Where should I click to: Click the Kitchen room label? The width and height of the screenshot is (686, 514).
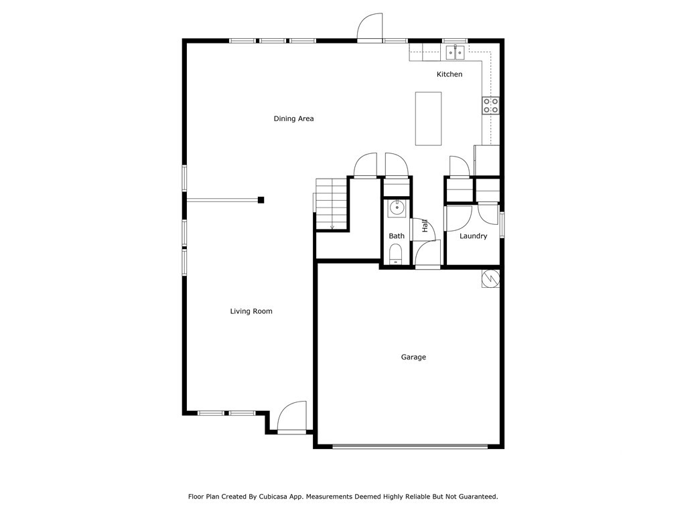[x=449, y=74]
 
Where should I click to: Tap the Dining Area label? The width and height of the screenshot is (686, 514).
[x=293, y=118]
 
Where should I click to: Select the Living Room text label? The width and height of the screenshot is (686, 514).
[x=251, y=311]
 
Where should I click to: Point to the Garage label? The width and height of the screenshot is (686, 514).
[x=413, y=357]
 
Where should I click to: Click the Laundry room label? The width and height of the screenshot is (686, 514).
[x=473, y=236]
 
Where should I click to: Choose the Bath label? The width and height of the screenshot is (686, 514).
[x=397, y=236]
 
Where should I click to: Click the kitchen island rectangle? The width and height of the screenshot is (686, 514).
[x=428, y=118]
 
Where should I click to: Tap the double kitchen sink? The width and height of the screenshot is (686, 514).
[x=456, y=52]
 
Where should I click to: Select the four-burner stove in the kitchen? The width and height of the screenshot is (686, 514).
[x=490, y=105]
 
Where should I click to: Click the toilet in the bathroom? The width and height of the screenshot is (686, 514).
[x=396, y=255]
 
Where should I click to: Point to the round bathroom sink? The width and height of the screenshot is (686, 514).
[x=397, y=207]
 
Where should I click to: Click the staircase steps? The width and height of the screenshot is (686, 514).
[x=331, y=203]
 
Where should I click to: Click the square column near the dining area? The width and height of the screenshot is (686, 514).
[x=261, y=199]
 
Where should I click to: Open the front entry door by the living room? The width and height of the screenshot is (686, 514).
[x=292, y=418]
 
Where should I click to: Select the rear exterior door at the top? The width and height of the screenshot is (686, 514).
[x=370, y=28]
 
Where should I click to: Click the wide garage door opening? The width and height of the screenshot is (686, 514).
[x=410, y=446]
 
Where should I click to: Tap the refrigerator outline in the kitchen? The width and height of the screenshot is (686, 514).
[x=487, y=160]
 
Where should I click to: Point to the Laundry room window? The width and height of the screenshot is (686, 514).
[x=502, y=224]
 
